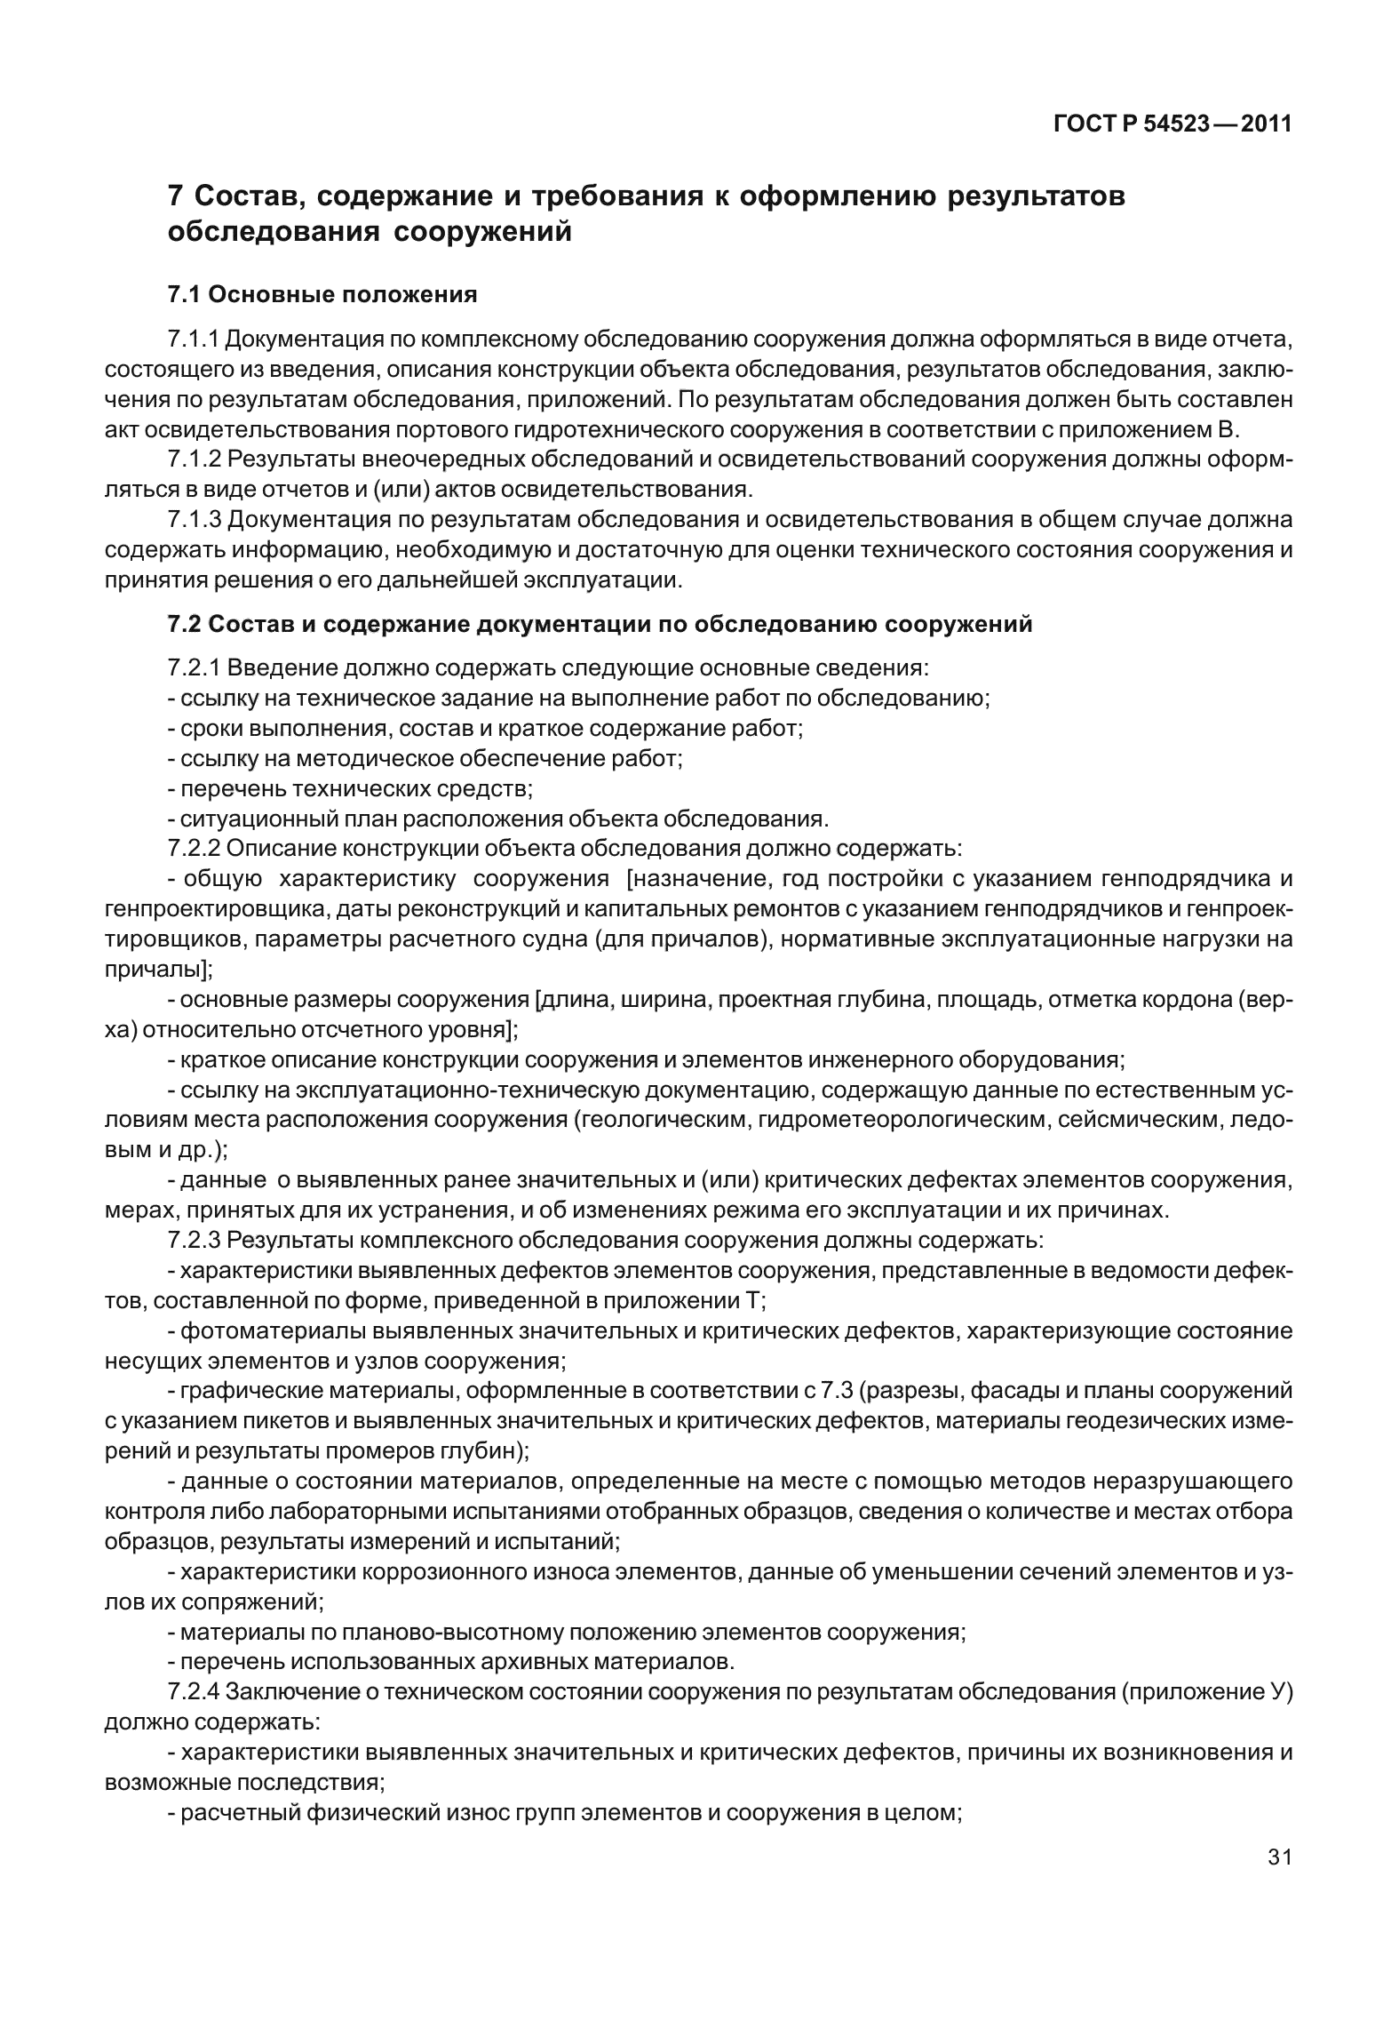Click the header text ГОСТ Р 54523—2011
click(x=1172, y=124)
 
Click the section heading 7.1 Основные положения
click(x=322, y=294)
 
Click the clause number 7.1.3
click(x=194, y=520)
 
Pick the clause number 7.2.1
click(x=194, y=667)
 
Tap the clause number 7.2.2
click(x=194, y=848)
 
